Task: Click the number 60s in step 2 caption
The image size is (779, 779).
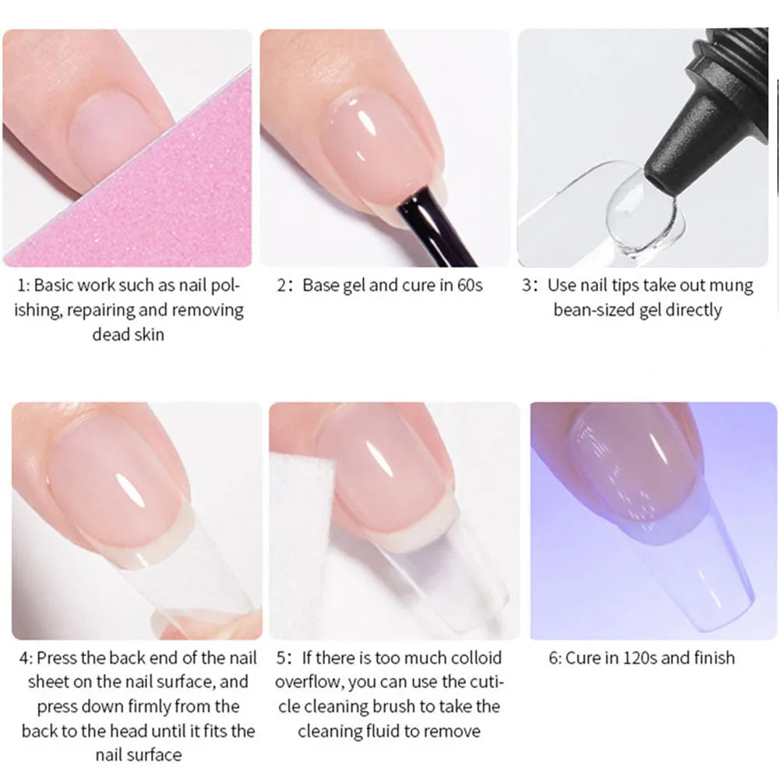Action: (470, 285)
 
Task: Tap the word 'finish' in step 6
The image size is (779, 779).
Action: (714, 657)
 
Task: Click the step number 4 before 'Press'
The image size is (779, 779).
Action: (24, 658)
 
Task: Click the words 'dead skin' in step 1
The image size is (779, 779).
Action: (129, 334)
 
